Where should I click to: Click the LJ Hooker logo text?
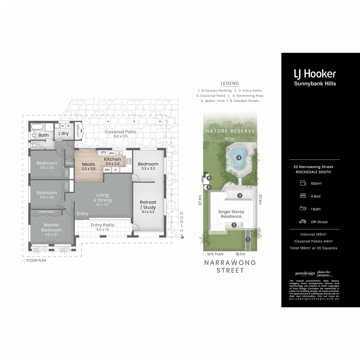[x=315, y=74]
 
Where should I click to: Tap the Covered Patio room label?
[x=120, y=132]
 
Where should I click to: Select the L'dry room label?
[x=64, y=134]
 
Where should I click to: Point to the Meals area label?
[x=88, y=164]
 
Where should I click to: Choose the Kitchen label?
[x=112, y=159]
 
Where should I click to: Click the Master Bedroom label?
[x=51, y=227]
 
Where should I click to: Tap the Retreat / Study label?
[x=148, y=204]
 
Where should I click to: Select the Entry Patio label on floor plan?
[x=102, y=225]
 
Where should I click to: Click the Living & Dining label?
[x=102, y=198]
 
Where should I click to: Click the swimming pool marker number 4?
[x=239, y=158]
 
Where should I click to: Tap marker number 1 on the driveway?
[x=248, y=240]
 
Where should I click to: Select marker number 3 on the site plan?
[x=240, y=196]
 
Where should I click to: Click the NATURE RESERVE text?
[x=230, y=131]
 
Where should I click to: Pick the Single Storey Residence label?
[x=231, y=214]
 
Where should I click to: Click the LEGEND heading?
[x=230, y=84]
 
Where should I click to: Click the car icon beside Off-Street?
[x=302, y=222]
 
